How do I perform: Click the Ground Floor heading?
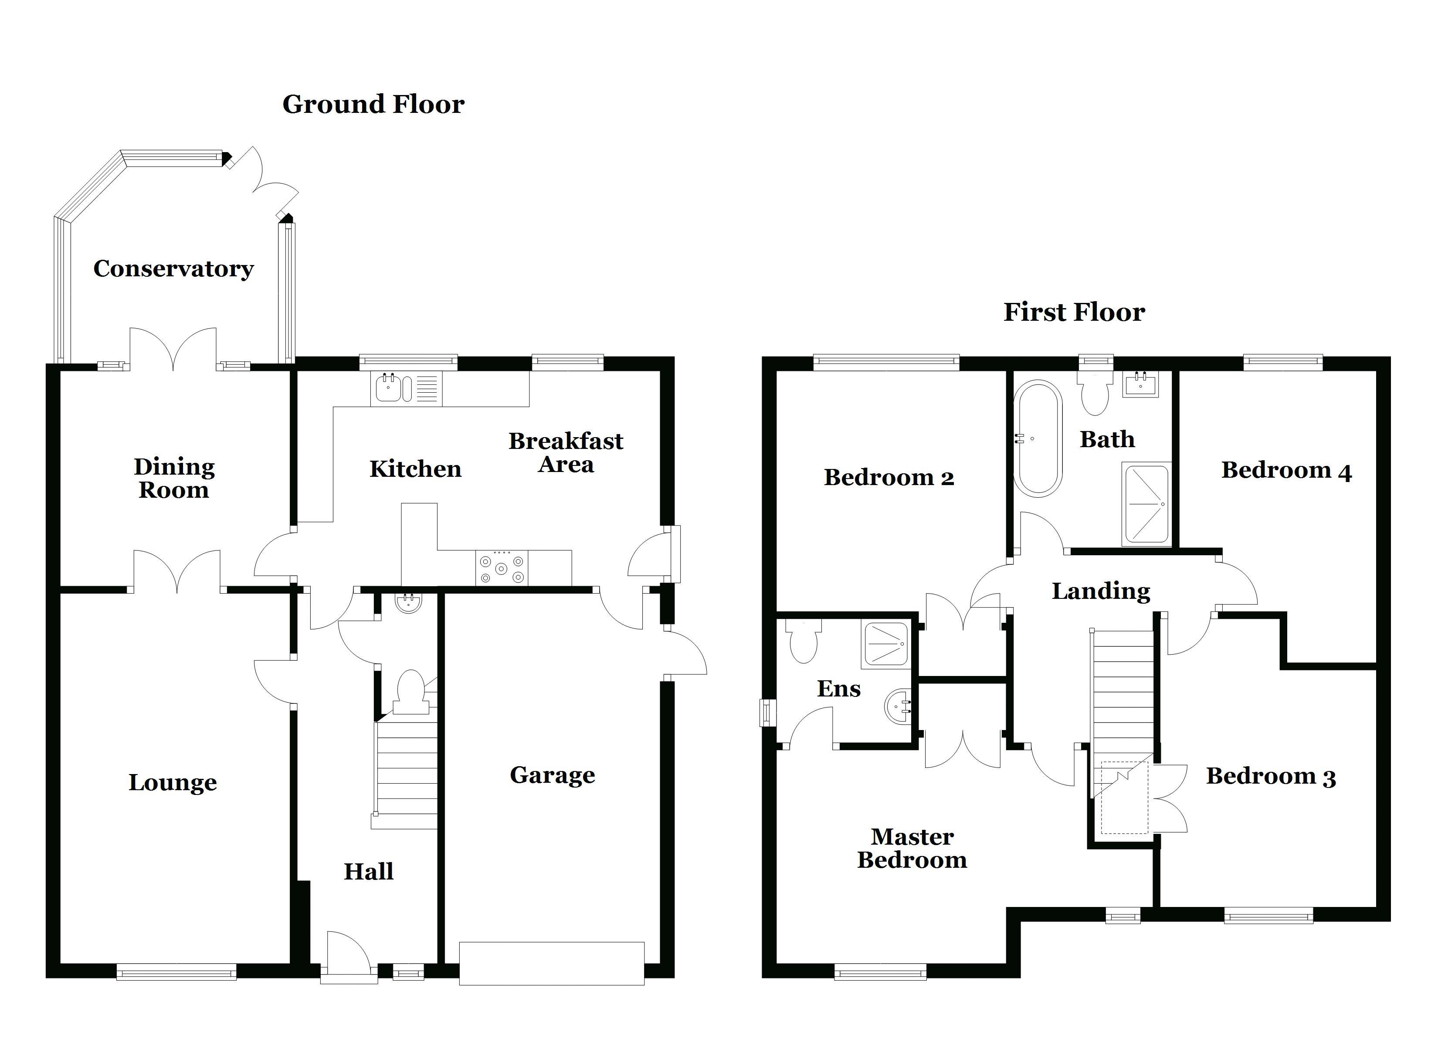pos(373,104)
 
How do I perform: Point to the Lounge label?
pos(173,782)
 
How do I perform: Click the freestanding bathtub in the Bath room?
pos(1037,438)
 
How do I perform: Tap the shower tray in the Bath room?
pos(1145,504)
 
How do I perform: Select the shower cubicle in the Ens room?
pos(885,644)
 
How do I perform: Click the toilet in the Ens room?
pos(804,641)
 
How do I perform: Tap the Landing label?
pos(1101,591)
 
